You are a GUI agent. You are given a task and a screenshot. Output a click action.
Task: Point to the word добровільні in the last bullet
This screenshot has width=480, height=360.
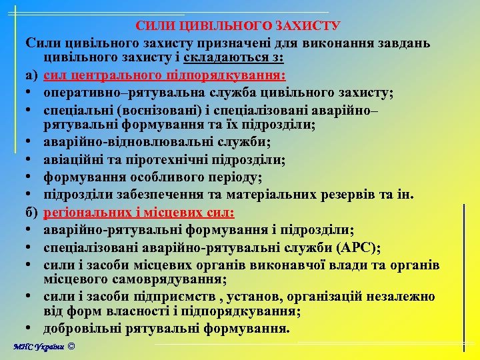coord(83,329)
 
